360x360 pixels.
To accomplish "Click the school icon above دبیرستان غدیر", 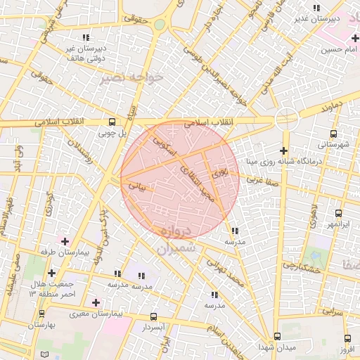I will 316,8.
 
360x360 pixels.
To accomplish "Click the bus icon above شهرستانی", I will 333,134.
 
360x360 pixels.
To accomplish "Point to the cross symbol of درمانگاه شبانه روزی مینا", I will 283,150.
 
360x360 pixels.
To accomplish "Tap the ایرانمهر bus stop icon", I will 338,213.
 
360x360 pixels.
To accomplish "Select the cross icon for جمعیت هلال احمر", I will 51,273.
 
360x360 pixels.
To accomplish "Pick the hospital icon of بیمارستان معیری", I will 96,302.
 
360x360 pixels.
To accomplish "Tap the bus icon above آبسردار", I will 154,318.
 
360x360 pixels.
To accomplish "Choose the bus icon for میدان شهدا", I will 277,337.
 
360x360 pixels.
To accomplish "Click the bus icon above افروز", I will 348,338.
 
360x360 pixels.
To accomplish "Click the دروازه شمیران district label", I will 174,240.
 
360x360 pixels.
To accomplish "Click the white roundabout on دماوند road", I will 286,118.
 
